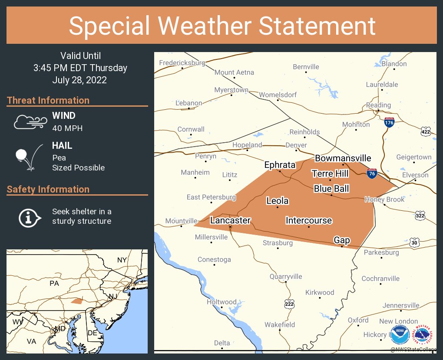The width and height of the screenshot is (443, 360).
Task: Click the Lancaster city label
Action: (230, 220)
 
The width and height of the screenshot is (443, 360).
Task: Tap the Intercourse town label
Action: (308, 220)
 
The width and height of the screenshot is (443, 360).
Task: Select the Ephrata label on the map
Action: (280, 165)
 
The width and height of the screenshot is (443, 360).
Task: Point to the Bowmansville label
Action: (343, 158)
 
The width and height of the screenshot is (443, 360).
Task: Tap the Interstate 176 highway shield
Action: (389, 122)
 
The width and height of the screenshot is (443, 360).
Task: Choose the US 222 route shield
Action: (290, 303)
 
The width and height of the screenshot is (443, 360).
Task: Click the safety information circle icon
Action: (29, 217)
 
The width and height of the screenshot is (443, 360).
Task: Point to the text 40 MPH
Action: (67, 128)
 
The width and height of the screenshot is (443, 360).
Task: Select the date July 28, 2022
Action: (79, 80)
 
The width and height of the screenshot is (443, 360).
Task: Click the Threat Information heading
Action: (48, 101)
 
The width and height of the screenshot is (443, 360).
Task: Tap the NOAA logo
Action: (400, 334)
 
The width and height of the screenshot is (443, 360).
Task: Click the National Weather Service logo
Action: (424, 334)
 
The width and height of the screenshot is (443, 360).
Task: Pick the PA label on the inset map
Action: (54, 283)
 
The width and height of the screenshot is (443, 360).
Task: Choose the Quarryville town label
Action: (286, 276)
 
